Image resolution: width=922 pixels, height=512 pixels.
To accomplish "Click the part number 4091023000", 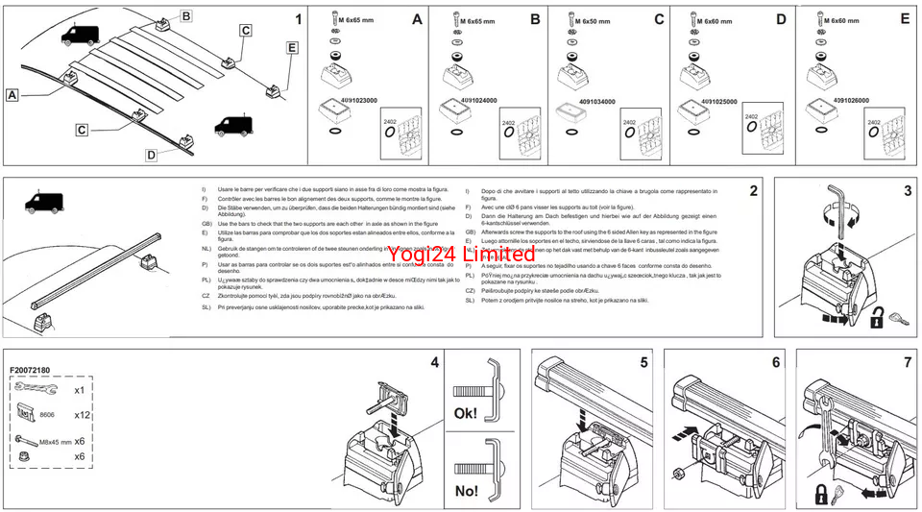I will tap(352, 100).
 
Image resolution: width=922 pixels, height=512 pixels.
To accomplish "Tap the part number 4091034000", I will tap(583, 101).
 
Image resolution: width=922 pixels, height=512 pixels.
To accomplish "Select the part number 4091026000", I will tap(832, 99).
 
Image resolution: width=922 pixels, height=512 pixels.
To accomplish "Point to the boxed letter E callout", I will tap(292, 46).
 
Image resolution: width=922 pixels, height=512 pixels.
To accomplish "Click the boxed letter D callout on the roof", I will tap(151, 155).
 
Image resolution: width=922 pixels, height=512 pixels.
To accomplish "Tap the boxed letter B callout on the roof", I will tap(186, 15).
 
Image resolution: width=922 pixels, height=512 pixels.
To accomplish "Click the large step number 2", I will tap(754, 190).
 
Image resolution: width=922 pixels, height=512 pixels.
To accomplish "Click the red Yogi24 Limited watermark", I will tap(461, 254).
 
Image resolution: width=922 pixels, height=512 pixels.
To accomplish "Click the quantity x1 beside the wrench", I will tap(81, 389).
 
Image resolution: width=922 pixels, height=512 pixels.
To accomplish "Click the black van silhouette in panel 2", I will tap(44, 203).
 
